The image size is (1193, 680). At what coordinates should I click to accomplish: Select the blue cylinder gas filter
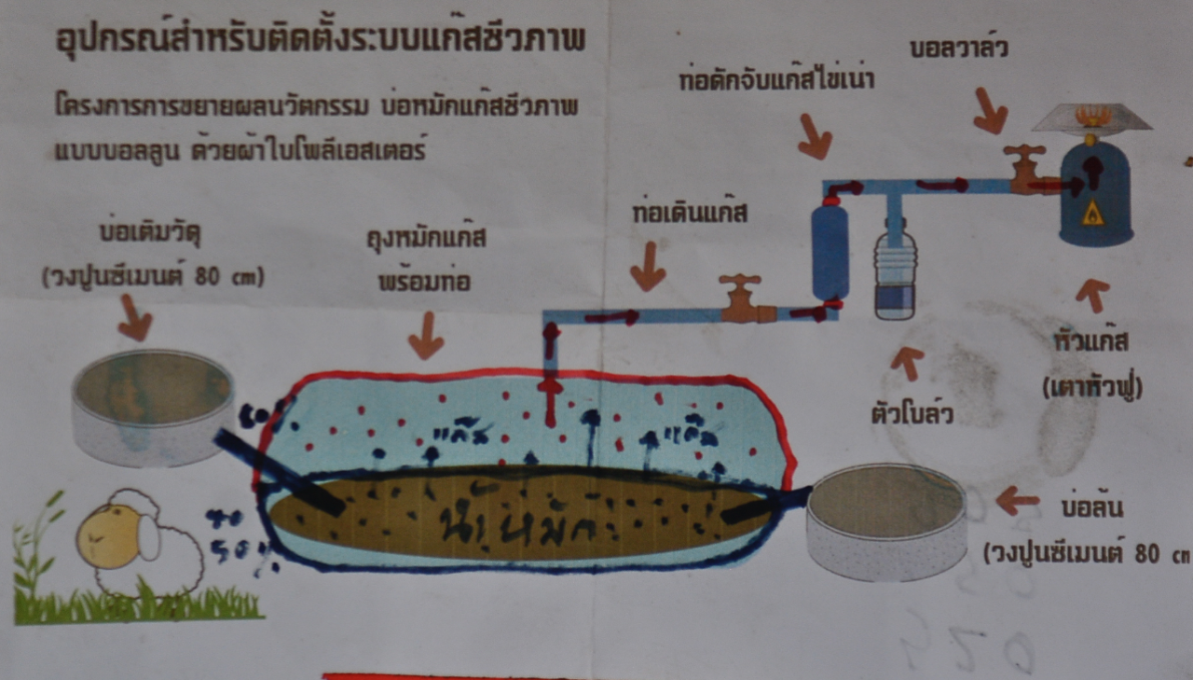tap(830, 251)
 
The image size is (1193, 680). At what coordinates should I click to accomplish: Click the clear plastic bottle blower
tap(896, 270)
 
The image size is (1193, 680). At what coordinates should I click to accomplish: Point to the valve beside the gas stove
tap(1025, 169)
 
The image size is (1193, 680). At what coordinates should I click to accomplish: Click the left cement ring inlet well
tap(153, 407)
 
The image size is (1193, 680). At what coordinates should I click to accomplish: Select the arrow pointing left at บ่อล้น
tap(1017, 501)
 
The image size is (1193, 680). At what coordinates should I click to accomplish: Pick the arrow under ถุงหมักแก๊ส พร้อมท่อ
tap(426, 335)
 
